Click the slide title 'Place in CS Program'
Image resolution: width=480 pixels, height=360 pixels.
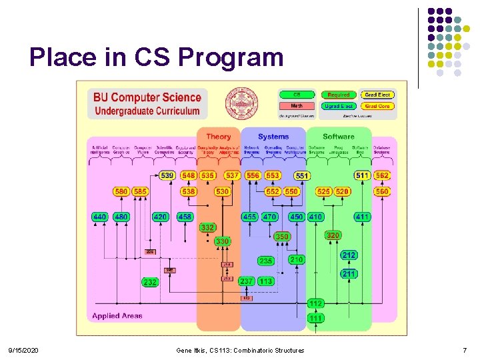pos(156,57)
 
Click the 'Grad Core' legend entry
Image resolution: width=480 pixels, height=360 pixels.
pos(377,106)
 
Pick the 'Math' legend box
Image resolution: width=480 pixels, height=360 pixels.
pos(297,106)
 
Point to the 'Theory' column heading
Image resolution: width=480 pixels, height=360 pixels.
pos(219,137)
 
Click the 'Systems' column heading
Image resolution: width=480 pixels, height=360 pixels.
pos(273,137)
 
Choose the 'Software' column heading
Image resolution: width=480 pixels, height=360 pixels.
pos(339,137)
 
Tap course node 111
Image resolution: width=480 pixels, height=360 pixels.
pos(315,318)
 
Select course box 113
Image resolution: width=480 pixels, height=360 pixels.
pos(266,281)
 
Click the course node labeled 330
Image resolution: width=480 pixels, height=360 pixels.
pos(222,241)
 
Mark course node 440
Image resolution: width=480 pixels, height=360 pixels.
pos(100,217)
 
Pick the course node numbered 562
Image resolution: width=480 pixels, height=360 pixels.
pos(382,175)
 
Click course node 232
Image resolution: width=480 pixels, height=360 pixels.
pos(150,283)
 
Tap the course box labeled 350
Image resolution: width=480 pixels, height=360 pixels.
pos(283,237)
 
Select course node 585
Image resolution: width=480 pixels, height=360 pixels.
pos(140,191)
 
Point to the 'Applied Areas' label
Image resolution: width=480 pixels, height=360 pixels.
pos(117,316)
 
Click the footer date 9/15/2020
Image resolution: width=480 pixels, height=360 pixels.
pos(23,351)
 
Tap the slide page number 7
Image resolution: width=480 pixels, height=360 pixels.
pos(465,351)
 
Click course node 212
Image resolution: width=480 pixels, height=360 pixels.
pos(349,255)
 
